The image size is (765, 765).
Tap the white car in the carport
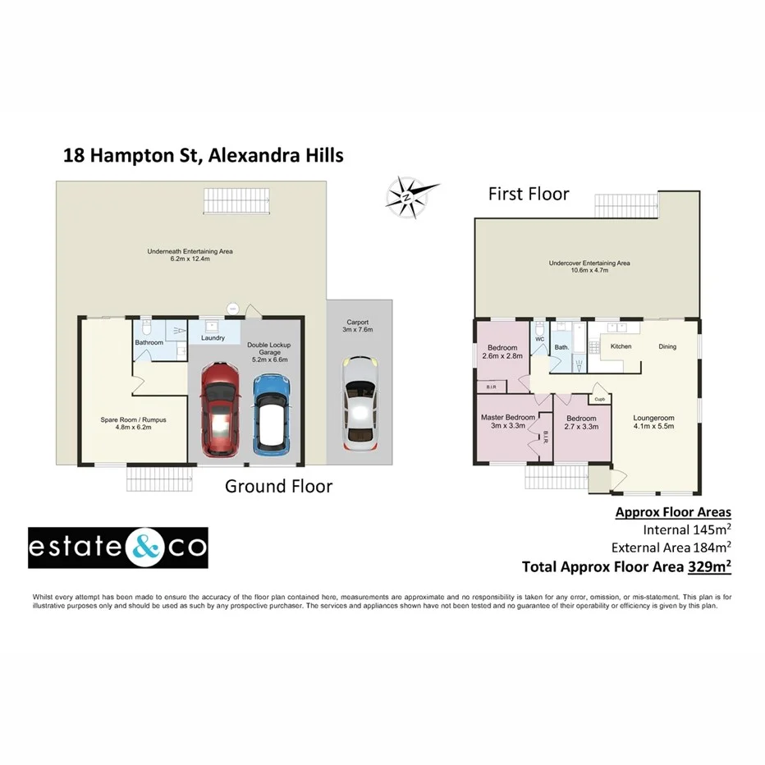pyautogui.click(x=359, y=401)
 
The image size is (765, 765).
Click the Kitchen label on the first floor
pyautogui.click(x=621, y=346)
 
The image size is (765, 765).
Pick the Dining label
pyautogui.click(x=667, y=346)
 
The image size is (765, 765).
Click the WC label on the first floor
pyautogui.click(x=539, y=338)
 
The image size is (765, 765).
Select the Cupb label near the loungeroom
pyautogui.click(x=599, y=400)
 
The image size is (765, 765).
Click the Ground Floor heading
pyautogui.click(x=279, y=487)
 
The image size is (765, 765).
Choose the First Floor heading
pyautogui.click(x=529, y=195)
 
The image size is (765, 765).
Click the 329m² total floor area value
pyautogui.click(x=709, y=566)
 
